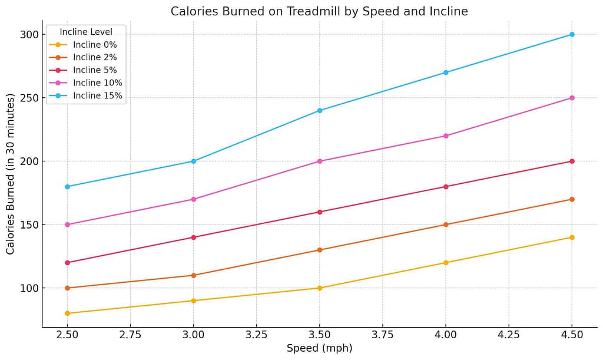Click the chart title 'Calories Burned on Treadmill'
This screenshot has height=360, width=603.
(x=319, y=11)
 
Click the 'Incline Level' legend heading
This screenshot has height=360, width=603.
(x=86, y=31)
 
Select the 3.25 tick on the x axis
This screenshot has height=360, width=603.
(x=257, y=335)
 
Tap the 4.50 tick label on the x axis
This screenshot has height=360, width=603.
(x=572, y=335)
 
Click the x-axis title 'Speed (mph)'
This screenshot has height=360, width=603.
(x=319, y=348)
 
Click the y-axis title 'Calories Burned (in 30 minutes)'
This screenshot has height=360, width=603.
(x=11, y=174)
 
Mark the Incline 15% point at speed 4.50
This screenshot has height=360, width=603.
(x=572, y=34)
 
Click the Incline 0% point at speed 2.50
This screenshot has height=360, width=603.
(x=67, y=313)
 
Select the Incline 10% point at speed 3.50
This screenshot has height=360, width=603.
(x=320, y=161)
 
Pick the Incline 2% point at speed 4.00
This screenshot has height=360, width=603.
(x=446, y=224)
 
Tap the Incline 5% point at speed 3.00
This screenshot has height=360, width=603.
(x=193, y=237)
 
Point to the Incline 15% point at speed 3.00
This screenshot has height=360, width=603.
(x=193, y=161)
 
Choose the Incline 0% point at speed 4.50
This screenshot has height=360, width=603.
(x=572, y=237)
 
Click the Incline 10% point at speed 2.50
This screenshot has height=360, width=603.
(x=67, y=224)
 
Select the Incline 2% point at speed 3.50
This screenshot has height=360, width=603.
(x=320, y=250)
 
